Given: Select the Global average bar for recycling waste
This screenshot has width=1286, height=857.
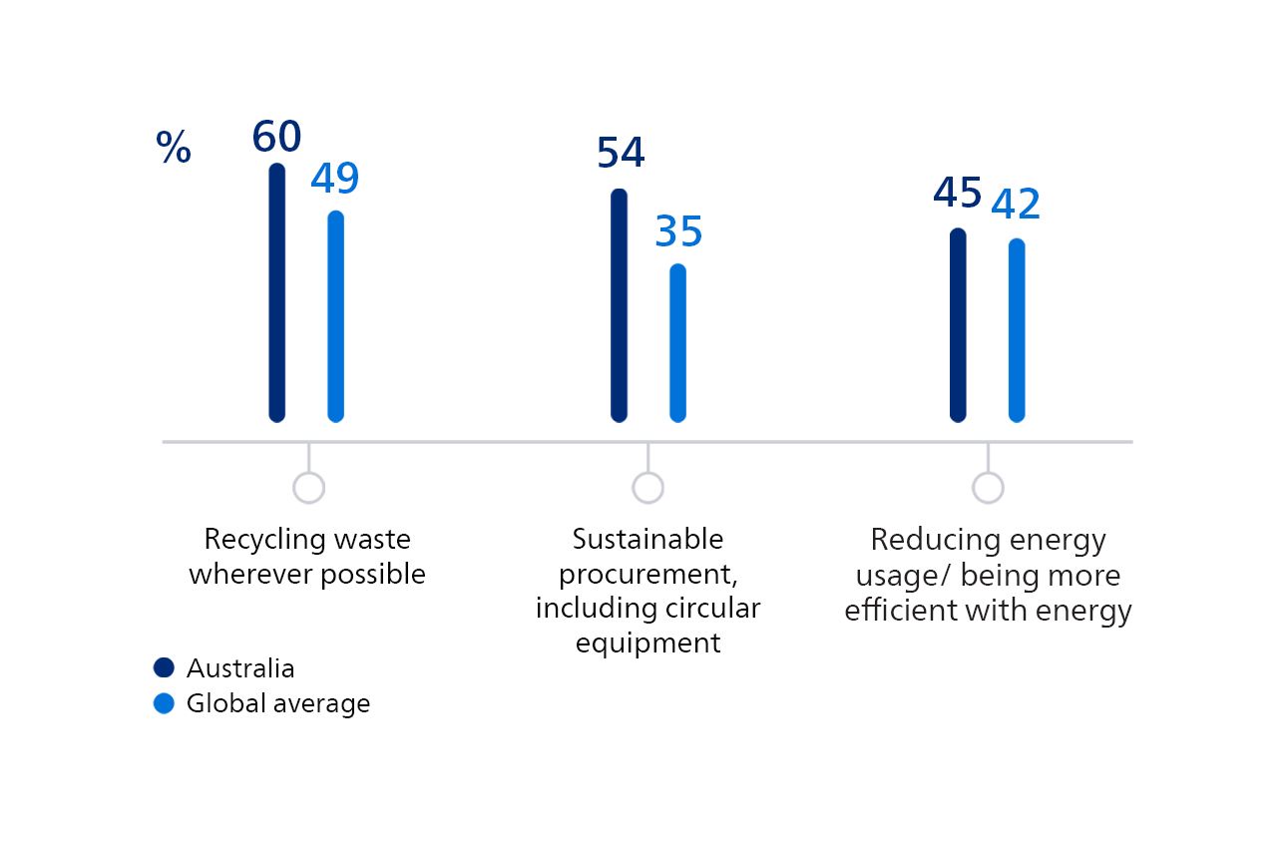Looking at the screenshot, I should coord(336,316).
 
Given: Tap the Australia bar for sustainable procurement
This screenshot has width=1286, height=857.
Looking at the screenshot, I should coord(619,305).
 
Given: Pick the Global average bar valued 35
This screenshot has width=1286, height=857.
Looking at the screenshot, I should coord(677,343).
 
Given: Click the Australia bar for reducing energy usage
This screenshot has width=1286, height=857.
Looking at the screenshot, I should coord(958,325).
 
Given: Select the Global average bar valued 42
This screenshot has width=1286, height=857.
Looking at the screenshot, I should coord(1017,330).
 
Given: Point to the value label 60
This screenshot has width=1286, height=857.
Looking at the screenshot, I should coord(276,138).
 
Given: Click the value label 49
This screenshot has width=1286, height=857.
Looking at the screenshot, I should coord(334,180).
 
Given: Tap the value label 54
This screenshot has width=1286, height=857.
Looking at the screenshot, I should coord(621,154).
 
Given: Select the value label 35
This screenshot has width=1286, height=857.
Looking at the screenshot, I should coord(678,232).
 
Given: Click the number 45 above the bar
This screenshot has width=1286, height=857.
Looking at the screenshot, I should coord(958,194).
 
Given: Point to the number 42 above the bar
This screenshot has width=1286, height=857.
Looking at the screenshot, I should coord(1016,205).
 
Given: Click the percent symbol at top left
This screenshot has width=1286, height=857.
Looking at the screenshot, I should coord(174,149).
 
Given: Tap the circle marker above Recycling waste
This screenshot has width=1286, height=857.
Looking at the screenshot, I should coord(308,488).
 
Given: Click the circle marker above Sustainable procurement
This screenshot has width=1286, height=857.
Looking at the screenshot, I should coord(647,488).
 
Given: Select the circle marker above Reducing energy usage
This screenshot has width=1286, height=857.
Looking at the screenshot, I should coord(988,488).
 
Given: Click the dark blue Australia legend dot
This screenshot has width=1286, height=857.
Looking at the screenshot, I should coord(164,668).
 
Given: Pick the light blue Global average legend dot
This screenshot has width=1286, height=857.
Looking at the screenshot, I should coord(164,703).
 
